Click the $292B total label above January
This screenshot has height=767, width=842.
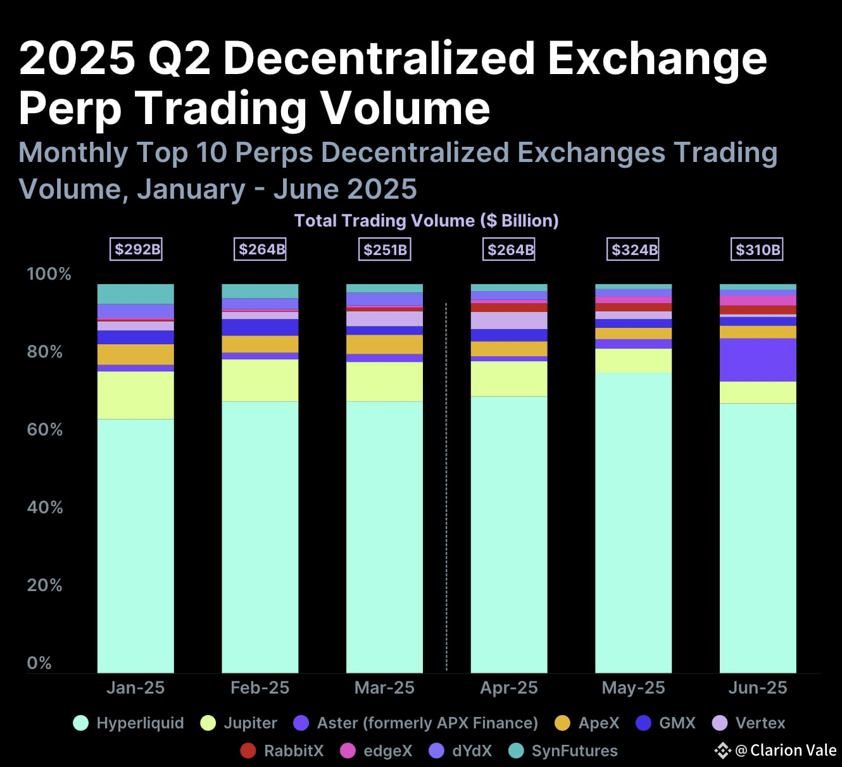(x=137, y=249)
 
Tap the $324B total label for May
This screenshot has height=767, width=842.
(x=634, y=249)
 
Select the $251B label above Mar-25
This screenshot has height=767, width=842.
(x=385, y=249)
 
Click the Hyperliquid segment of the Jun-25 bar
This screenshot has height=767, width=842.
(x=758, y=538)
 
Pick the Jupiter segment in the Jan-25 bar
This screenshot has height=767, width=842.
(x=135, y=395)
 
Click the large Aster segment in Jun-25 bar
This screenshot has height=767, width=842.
(x=758, y=360)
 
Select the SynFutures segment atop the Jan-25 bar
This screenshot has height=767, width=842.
(x=135, y=294)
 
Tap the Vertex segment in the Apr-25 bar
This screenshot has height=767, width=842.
(x=509, y=320)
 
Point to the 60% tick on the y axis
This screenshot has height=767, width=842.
(x=44, y=430)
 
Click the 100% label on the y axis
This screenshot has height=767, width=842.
(x=48, y=274)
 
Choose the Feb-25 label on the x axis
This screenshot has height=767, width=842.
(x=260, y=688)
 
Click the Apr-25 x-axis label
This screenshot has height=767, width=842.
(x=509, y=688)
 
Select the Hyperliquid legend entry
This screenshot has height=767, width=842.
(x=129, y=723)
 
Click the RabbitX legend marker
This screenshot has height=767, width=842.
(x=248, y=751)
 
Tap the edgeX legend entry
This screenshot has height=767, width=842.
(x=376, y=751)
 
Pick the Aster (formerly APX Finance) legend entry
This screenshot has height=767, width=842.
(x=416, y=723)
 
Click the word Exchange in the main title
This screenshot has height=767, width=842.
(x=657, y=58)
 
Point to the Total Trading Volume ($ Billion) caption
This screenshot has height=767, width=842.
(x=426, y=220)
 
